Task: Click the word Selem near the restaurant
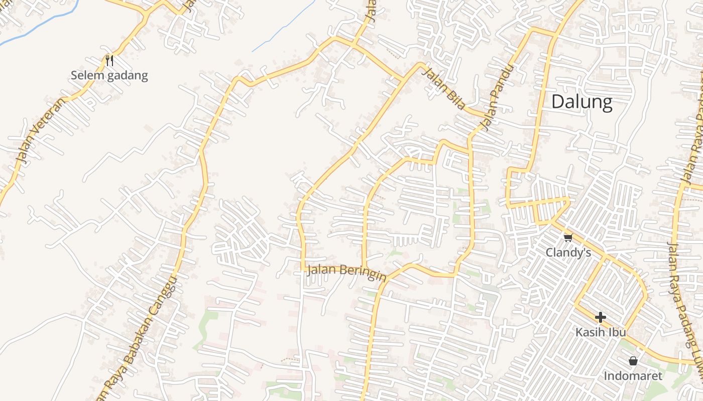coord(87,76)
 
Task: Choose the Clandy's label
coord(568,252)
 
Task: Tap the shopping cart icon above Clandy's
coord(568,238)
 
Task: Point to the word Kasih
coord(589,332)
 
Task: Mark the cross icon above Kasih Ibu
coord(600,317)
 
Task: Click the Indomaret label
coord(633,375)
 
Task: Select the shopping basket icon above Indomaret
coord(633,361)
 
